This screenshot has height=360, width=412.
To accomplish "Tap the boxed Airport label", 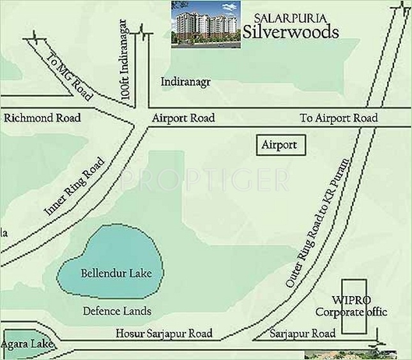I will point(279,145).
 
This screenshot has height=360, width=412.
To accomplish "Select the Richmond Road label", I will point(42,118).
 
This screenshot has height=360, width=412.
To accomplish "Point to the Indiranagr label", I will point(186,82).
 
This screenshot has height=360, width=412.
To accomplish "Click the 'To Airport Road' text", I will point(339,118).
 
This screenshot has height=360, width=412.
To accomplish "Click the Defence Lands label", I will point(118,311).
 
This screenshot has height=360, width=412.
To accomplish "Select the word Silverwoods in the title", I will point(291,33).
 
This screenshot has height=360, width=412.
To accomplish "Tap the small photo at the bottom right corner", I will point(358,354).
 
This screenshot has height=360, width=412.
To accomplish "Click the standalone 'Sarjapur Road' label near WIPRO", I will point(302,334).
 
